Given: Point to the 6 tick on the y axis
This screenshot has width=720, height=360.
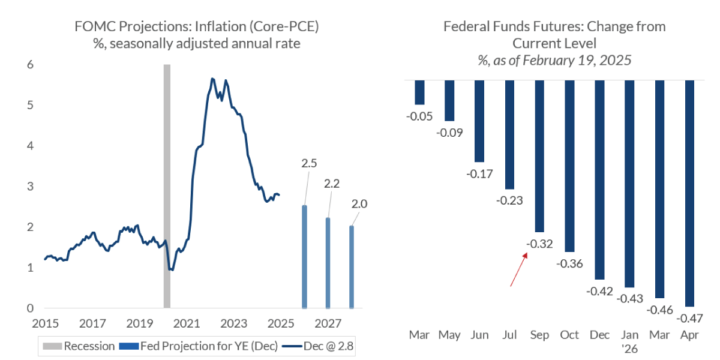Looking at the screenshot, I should [x=30, y=65].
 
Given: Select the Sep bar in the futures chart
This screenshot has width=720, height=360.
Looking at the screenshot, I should [x=539, y=156].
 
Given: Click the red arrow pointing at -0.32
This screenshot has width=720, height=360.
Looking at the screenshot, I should [x=518, y=269].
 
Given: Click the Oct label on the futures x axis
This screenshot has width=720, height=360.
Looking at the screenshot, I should [x=569, y=334].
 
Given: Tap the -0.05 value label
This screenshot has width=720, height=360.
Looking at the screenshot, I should [x=419, y=116].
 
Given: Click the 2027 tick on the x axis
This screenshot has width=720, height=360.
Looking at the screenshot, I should [x=328, y=324].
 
